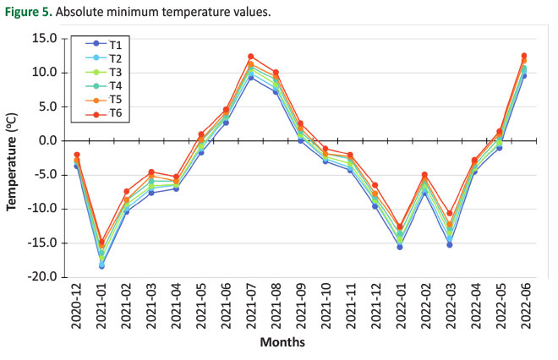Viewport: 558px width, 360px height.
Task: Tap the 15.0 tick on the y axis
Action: click(x=41, y=38)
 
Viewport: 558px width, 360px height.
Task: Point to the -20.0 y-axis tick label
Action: click(x=40, y=277)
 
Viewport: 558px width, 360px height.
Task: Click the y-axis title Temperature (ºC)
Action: click(x=14, y=157)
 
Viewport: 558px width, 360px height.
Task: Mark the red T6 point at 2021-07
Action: click(x=251, y=57)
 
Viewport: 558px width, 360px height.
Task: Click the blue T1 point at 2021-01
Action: click(x=101, y=265)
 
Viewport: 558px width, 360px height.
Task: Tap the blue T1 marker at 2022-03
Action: click(x=450, y=245)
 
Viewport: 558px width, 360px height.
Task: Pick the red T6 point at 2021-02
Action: click(x=127, y=191)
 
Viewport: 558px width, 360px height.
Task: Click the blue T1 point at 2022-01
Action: click(x=400, y=247)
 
